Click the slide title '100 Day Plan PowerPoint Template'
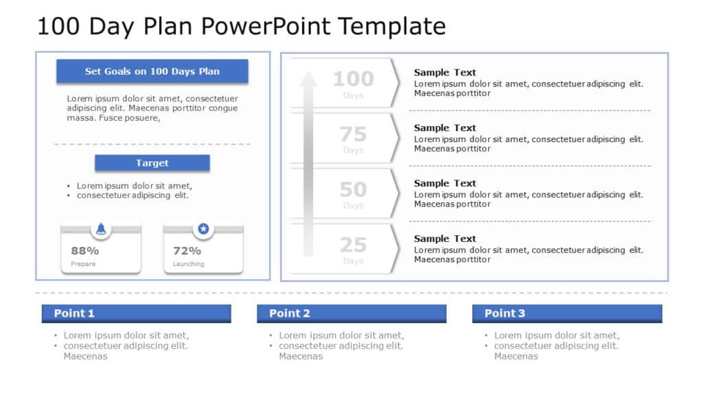[x=241, y=26]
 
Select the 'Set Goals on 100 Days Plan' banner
[x=152, y=71]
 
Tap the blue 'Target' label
[x=152, y=163]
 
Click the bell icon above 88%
[x=101, y=229]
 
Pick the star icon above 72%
[x=203, y=229]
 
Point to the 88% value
[x=85, y=251]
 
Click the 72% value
[x=187, y=251]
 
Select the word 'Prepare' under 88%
[x=83, y=264]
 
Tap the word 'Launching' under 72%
[x=188, y=264]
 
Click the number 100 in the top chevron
[x=353, y=79]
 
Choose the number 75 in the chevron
[x=353, y=134]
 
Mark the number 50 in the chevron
[x=353, y=190]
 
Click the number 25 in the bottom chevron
[x=353, y=246]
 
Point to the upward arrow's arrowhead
[x=308, y=79]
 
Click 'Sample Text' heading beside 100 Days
[x=445, y=73]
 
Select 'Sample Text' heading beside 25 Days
[x=445, y=239]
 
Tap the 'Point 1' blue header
[x=136, y=313]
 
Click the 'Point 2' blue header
[x=351, y=313]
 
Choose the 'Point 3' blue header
[x=567, y=313]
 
